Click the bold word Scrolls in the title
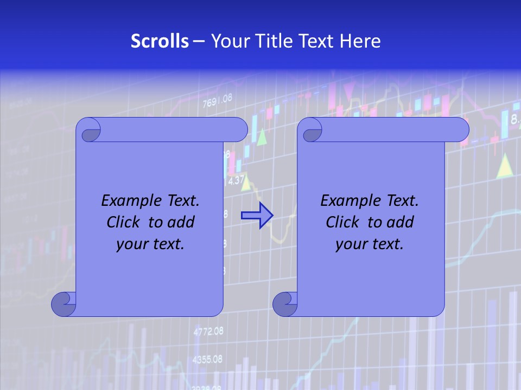[x=160, y=41]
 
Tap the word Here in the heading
[x=360, y=41]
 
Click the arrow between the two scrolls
[x=257, y=215]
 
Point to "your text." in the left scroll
[x=150, y=244]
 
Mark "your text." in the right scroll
[x=370, y=244]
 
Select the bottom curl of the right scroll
[x=285, y=304]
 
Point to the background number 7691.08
[x=217, y=100]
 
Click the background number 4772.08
[x=208, y=331]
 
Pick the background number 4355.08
[x=208, y=359]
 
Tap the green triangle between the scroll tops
[x=263, y=138]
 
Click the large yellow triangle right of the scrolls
[x=505, y=167]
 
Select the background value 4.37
[x=237, y=180]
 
